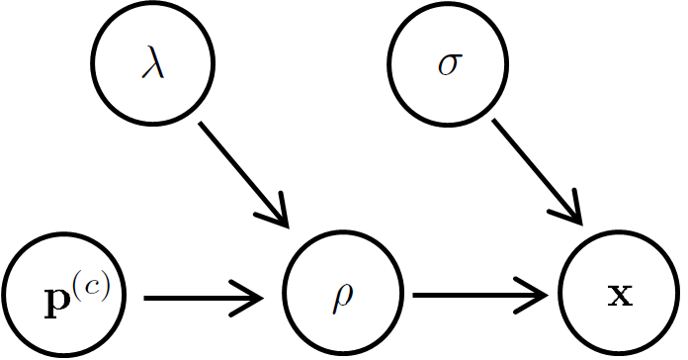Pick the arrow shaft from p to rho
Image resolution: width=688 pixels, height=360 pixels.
(x=198, y=297)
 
